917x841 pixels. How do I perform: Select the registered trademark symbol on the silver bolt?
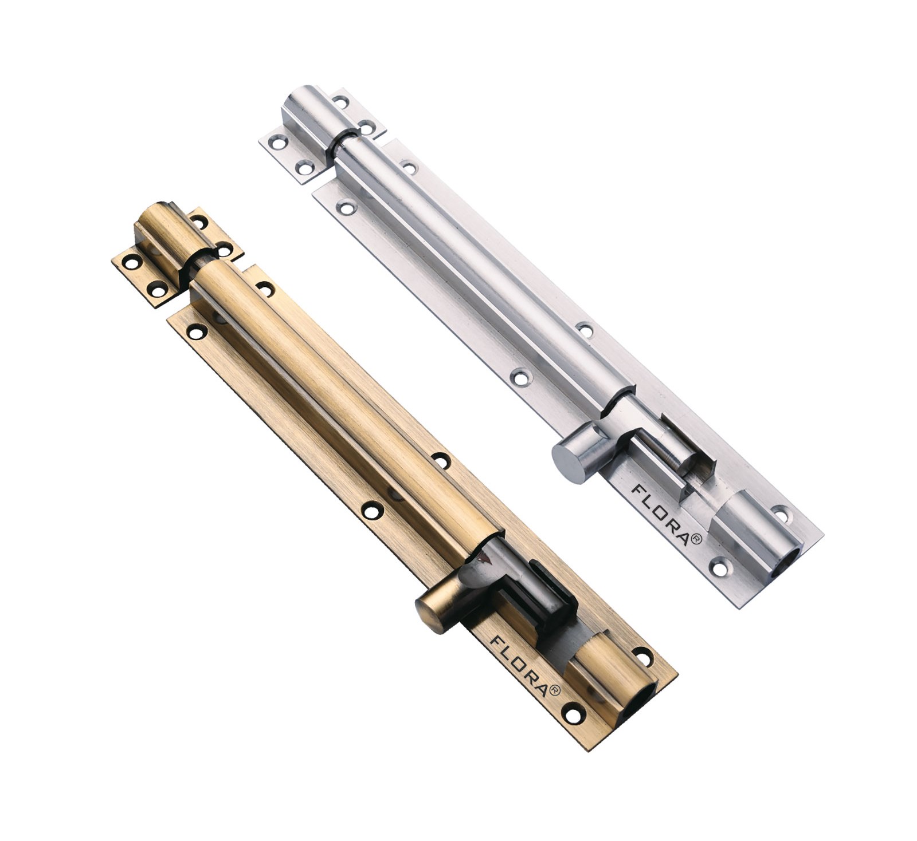pos(696,539)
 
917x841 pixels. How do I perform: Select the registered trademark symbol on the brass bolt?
pos(554,690)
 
